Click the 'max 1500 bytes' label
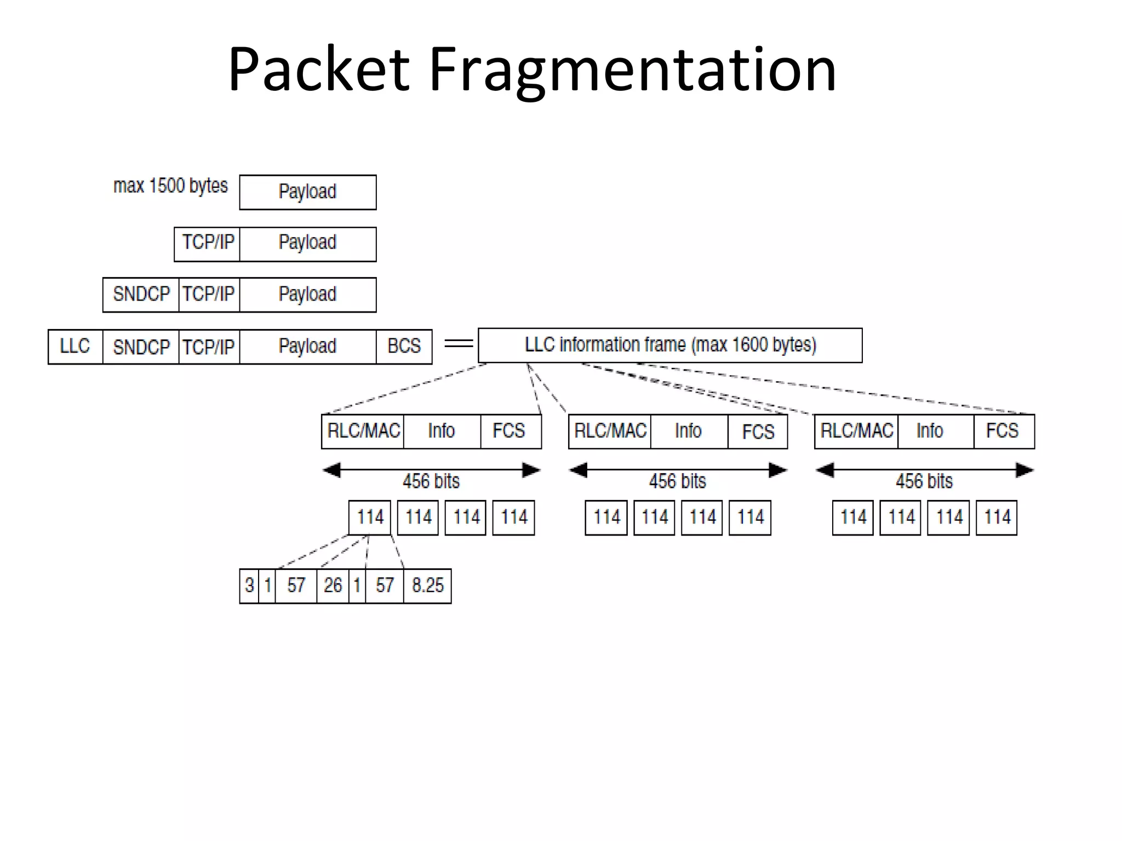point(170,186)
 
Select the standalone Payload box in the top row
point(307,192)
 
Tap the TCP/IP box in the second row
point(208,243)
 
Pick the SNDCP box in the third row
point(141,295)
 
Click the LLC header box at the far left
point(75,347)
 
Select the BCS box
point(404,347)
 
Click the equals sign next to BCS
point(458,344)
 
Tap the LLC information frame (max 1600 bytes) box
point(669,345)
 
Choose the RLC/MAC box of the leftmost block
point(363,431)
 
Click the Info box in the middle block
point(688,431)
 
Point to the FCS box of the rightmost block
point(1003,431)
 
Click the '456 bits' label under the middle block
point(677,482)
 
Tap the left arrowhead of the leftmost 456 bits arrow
point(332,470)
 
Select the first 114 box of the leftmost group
point(370,517)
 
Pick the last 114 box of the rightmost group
point(997,517)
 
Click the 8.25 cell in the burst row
point(427,586)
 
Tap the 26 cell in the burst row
point(333,586)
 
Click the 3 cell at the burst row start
point(249,586)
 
